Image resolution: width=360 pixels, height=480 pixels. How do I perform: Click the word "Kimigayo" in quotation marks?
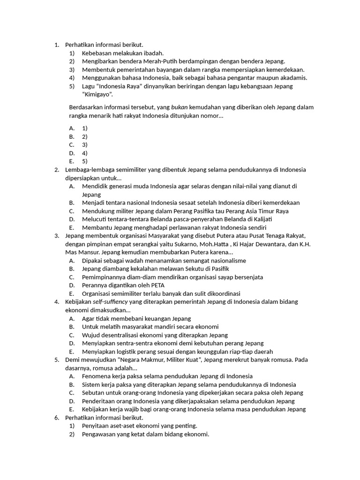[100, 94]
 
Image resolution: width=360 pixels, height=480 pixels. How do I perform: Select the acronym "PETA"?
[156, 285]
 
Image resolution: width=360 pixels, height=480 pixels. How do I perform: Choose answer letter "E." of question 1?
[72, 161]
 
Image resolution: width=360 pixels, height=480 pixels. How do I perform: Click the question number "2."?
[57, 170]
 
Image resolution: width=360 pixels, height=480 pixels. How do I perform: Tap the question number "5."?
[57, 360]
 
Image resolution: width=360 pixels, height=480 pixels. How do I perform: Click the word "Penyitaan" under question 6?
[96, 426]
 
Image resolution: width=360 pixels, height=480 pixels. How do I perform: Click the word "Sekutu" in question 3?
[183, 269]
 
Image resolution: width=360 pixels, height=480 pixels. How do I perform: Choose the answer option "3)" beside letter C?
[85, 145]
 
